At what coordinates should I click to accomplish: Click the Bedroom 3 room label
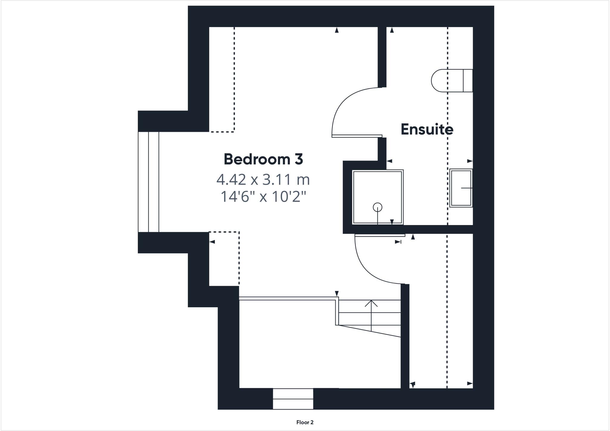pyautogui.click(x=263, y=159)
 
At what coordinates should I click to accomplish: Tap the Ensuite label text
pyautogui.click(x=427, y=129)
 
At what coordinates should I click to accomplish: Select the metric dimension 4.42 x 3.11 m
pyautogui.click(x=263, y=179)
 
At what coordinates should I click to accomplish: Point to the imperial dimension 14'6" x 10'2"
pyautogui.click(x=263, y=197)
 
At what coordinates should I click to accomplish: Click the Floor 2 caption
pyautogui.click(x=305, y=422)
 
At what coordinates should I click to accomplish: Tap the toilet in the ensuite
pyautogui.click(x=447, y=80)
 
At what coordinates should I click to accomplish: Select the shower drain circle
pyautogui.click(x=377, y=207)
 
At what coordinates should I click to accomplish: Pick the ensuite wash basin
pyautogui.click(x=461, y=188)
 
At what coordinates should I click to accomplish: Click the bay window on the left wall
pyautogui.click(x=148, y=182)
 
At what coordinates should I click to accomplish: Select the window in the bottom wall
pyautogui.click(x=293, y=399)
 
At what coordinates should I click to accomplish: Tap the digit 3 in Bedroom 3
pyautogui.click(x=299, y=159)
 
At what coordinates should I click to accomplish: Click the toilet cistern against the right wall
pyautogui.click(x=468, y=80)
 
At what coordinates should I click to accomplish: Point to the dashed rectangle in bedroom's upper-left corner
pyautogui.click(x=222, y=79)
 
